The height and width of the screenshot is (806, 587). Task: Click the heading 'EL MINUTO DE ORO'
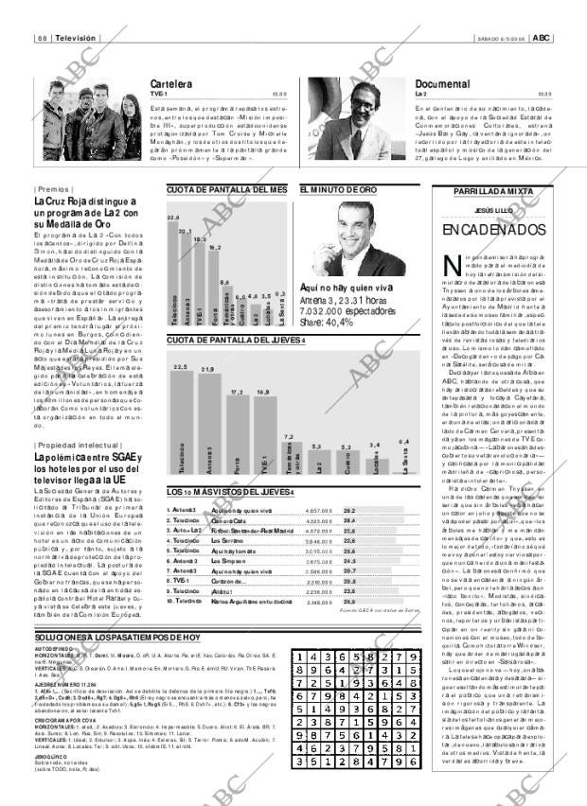point(339,190)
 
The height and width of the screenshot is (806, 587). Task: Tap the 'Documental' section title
point(441,84)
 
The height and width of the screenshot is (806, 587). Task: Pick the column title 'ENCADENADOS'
point(491,230)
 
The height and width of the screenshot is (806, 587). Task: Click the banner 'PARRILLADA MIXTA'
point(491,191)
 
